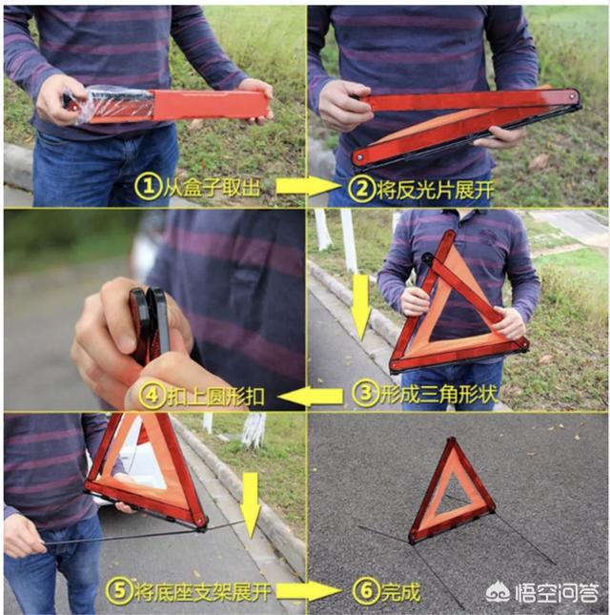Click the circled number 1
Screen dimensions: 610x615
tap(148, 187)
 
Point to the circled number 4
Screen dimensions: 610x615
tap(152, 396)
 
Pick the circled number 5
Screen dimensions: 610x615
tap(119, 590)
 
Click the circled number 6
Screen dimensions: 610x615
tap(366, 590)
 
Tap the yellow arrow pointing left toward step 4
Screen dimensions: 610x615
tap(311, 397)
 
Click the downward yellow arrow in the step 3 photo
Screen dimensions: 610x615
tap(360, 307)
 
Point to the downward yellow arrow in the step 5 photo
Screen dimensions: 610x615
tap(251, 504)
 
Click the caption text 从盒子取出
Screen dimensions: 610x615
tap(212, 187)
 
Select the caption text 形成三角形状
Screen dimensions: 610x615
tap(438, 393)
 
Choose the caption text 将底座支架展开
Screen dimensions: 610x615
tap(203, 591)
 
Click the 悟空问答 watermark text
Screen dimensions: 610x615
tap(558, 592)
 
